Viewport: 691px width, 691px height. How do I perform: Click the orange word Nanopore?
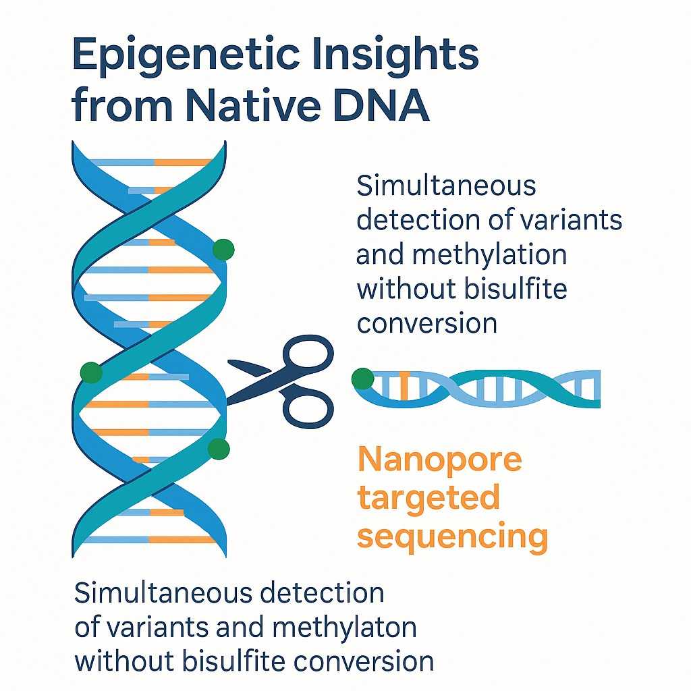(x=439, y=460)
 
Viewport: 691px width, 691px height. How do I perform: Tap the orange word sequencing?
(x=451, y=538)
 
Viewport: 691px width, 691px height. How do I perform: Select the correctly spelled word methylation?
(x=462, y=255)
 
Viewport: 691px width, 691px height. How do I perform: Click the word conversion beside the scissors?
(x=426, y=323)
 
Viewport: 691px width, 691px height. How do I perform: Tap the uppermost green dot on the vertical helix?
(x=223, y=250)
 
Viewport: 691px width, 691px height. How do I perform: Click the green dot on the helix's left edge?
(x=91, y=372)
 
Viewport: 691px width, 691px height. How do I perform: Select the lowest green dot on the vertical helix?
(x=219, y=449)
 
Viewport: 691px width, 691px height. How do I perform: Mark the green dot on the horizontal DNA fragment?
(x=362, y=379)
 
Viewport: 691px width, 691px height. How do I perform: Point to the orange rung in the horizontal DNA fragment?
(x=404, y=385)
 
